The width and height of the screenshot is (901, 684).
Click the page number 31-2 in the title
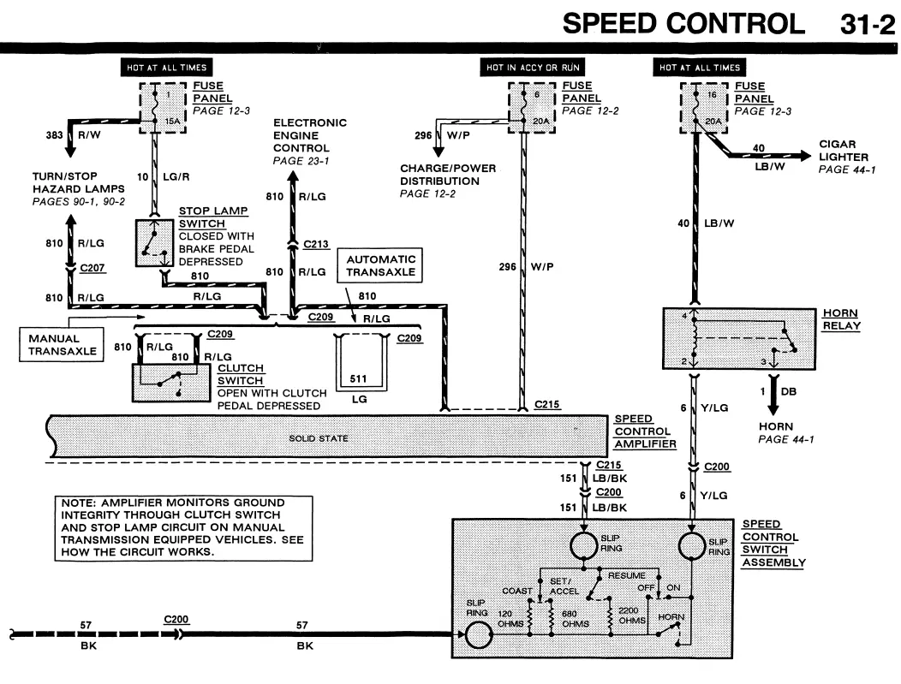pyautogui.click(x=867, y=25)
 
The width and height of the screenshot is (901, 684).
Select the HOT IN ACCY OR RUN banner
pyautogui.click(x=532, y=67)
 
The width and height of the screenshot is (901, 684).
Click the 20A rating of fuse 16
pyautogui.click(x=713, y=122)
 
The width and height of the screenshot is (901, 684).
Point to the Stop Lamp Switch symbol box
pyautogui.click(x=154, y=243)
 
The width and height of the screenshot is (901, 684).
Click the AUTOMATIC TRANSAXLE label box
pyautogui.click(x=379, y=265)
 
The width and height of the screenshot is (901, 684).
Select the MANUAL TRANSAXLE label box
pyautogui.click(x=62, y=345)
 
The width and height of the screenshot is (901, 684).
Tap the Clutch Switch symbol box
pyautogui.click(x=171, y=383)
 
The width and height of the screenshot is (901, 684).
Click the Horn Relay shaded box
pyautogui.click(x=739, y=338)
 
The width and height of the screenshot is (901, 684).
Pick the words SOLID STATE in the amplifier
pyautogui.click(x=319, y=438)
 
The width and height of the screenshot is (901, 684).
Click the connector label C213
pyautogui.click(x=316, y=244)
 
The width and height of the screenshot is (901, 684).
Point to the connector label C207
pyautogui.click(x=92, y=268)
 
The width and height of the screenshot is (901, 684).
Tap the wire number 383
pyautogui.click(x=54, y=135)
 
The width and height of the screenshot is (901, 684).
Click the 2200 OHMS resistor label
pyautogui.click(x=631, y=615)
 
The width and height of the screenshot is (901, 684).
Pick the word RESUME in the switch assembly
pyautogui.click(x=626, y=575)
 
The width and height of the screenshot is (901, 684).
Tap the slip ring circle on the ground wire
pyautogui.click(x=479, y=634)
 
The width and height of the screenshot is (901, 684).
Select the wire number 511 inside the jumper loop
pyautogui.click(x=358, y=378)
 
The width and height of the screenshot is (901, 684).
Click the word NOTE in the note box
pyautogui.click(x=78, y=503)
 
